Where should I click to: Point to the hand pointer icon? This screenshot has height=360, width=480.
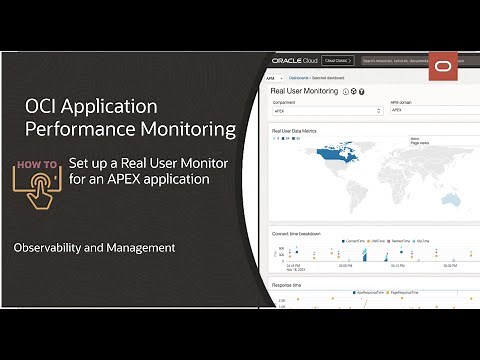tap(38, 188)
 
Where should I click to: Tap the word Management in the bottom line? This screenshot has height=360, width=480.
tap(139, 247)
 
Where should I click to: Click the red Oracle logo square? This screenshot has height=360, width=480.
tap(443, 66)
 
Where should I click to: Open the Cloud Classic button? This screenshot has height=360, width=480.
tap(336, 60)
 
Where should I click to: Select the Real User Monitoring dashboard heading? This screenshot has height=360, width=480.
tap(305, 91)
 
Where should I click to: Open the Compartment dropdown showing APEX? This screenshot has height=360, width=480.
tap(325, 112)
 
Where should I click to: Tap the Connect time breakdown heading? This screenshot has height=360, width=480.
tap(297, 233)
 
